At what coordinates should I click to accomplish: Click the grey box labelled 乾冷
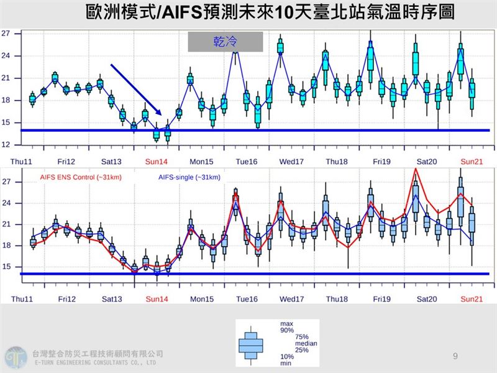coord(226,42)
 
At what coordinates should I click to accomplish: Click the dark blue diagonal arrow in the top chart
coord(136,89)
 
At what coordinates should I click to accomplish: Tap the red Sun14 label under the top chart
coord(157,162)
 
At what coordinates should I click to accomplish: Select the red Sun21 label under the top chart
coord(471,162)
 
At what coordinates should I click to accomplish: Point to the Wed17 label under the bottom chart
coord(291,299)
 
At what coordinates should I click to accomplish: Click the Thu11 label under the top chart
coord(22,162)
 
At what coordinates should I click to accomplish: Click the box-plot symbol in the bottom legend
coord(251,342)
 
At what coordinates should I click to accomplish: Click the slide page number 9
coord(455,356)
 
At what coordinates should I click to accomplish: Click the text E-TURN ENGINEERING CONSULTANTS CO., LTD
coord(93,362)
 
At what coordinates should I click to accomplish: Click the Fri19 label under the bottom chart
coord(381,299)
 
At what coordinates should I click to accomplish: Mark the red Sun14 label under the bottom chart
coord(157,299)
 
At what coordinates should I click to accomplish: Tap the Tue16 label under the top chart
coord(247,162)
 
